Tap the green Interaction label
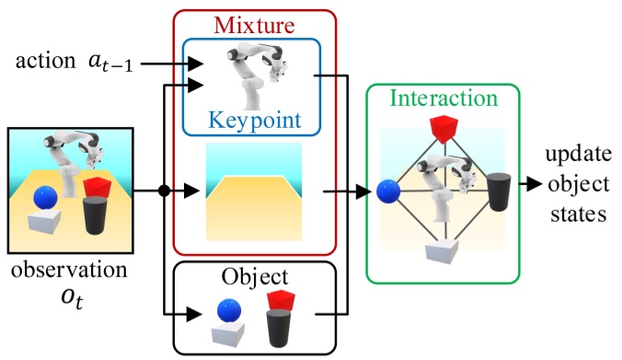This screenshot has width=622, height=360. coord(443,98)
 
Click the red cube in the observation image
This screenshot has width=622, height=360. coord(97,187)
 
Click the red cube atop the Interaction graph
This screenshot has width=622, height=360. coord(443,130)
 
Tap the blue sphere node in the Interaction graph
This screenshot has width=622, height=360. coord(388,192)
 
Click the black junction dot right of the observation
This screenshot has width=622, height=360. coord(164,192)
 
